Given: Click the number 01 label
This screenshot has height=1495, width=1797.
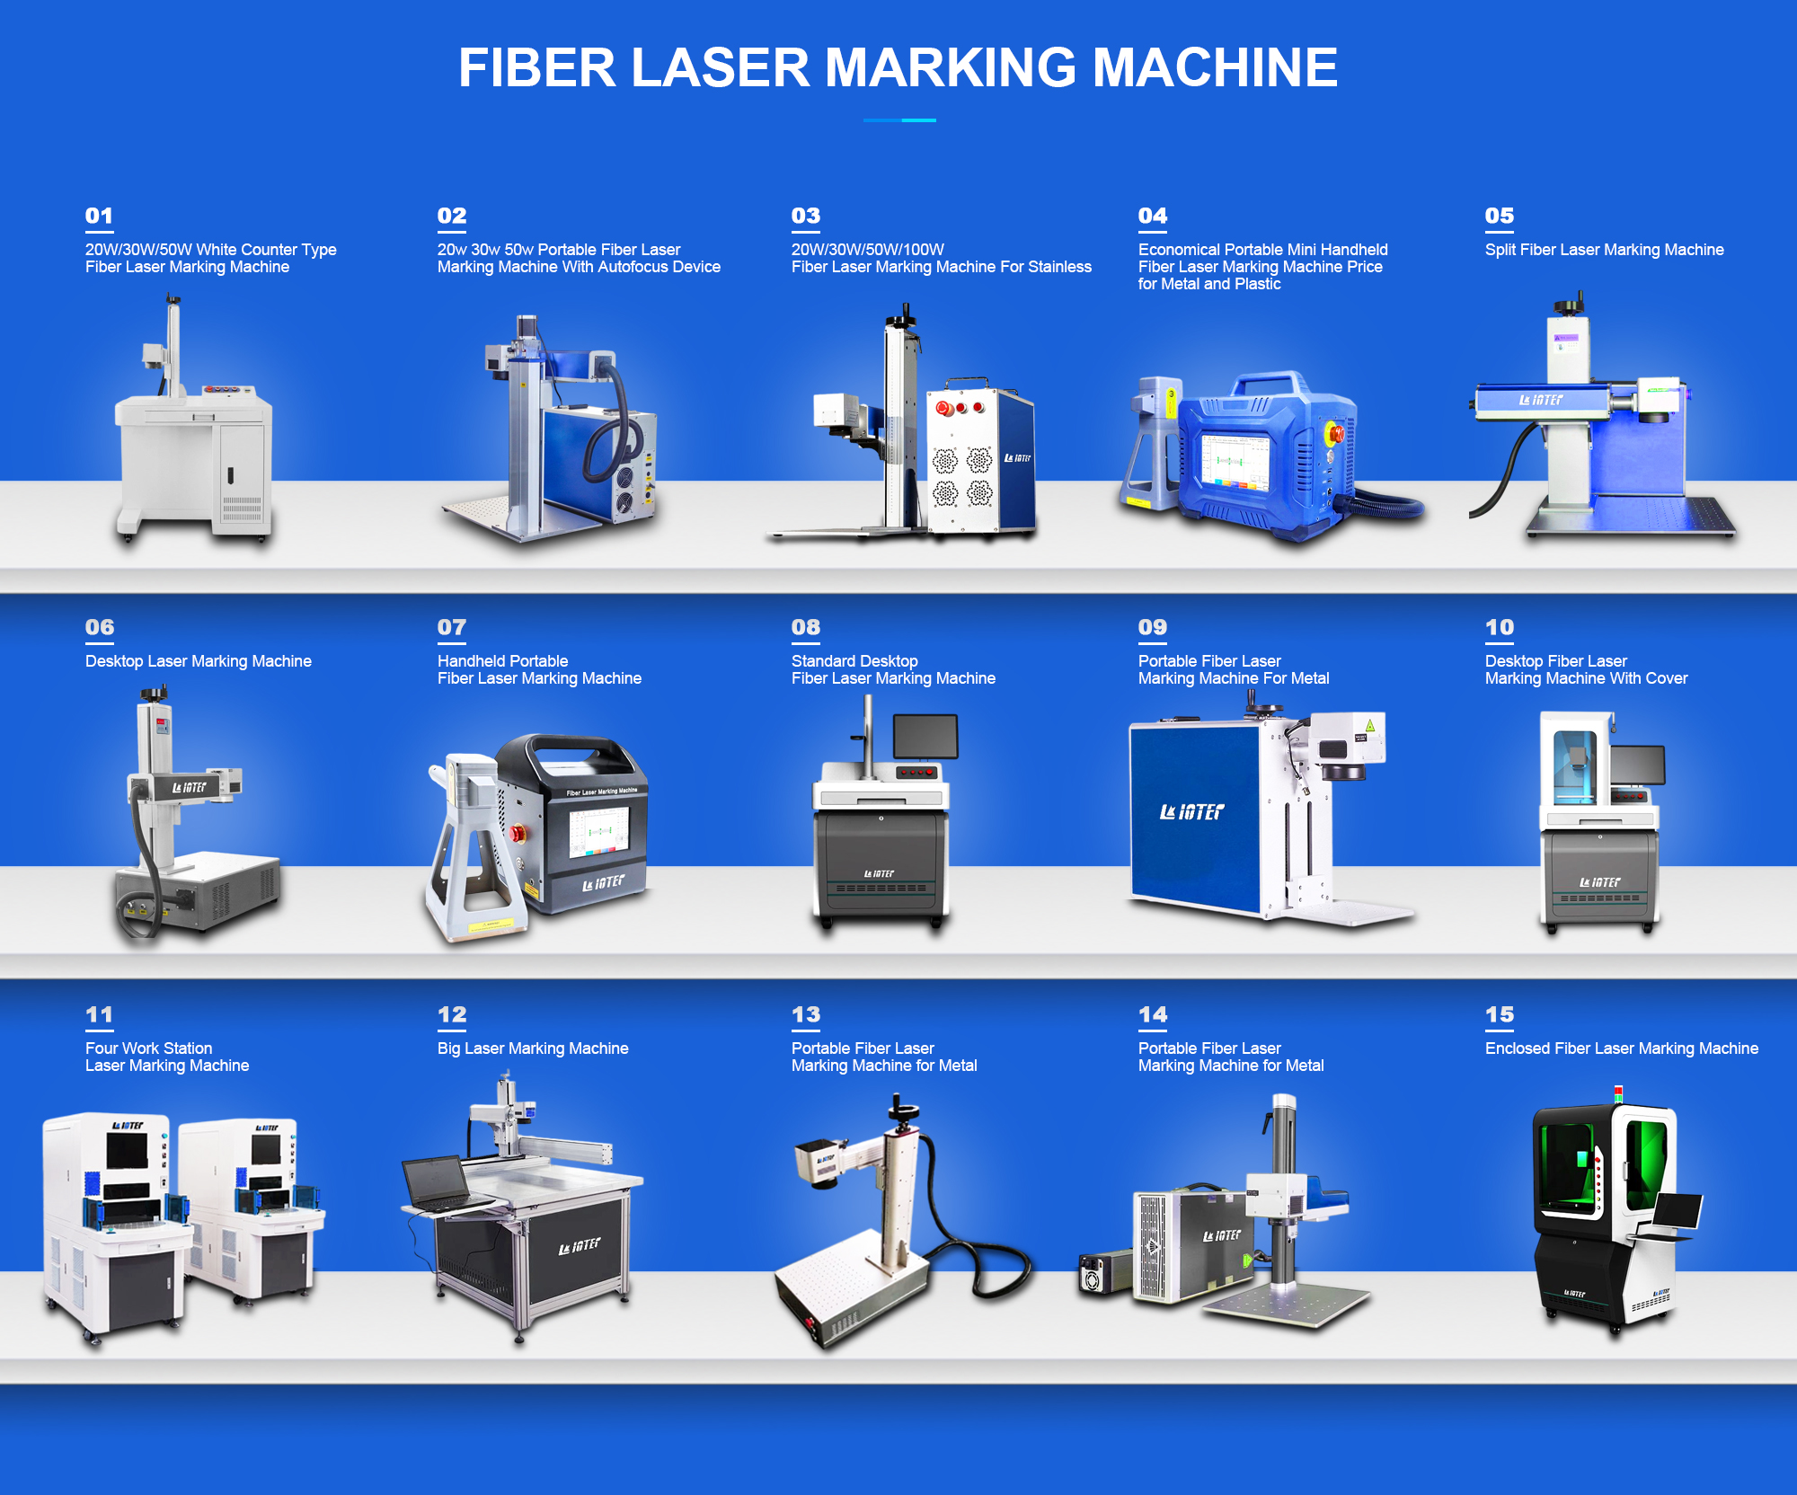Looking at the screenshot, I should pyautogui.click(x=99, y=216).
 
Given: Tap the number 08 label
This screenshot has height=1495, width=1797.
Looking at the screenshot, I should pyautogui.click(x=805, y=627).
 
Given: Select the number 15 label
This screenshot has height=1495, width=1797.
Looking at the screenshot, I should pyautogui.click(x=1499, y=1014).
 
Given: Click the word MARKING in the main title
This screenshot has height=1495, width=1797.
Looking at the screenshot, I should pyautogui.click(x=950, y=68).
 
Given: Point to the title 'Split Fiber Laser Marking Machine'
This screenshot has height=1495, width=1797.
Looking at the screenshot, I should pyautogui.click(x=1604, y=250).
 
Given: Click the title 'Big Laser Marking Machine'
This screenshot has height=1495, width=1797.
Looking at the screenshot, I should pyautogui.click(x=533, y=1048).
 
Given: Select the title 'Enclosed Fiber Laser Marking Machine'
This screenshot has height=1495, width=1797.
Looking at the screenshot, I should pyautogui.click(x=1621, y=1048).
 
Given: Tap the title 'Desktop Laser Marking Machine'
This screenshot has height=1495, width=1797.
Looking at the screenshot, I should pyautogui.click(x=199, y=661).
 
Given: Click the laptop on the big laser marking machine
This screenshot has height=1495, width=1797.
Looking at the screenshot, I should pyautogui.click(x=438, y=1181).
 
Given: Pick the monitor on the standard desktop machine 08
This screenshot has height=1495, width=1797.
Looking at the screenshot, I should pyautogui.click(x=925, y=737).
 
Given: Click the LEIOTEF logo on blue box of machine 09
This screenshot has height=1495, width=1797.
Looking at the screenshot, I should pyautogui.click(x=1191, y=812).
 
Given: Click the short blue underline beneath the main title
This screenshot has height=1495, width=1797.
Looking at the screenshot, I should pyautogui.click(x=899, y=119).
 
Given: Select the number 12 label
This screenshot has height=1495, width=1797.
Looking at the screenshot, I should pyautogui.click(x=452, y=1014).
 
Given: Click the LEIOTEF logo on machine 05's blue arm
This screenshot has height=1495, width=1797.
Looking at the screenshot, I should pyautogui.click(x=1540, y=400).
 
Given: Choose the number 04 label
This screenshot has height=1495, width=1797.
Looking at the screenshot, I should pyautogui.click(x=1152, y=216).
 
